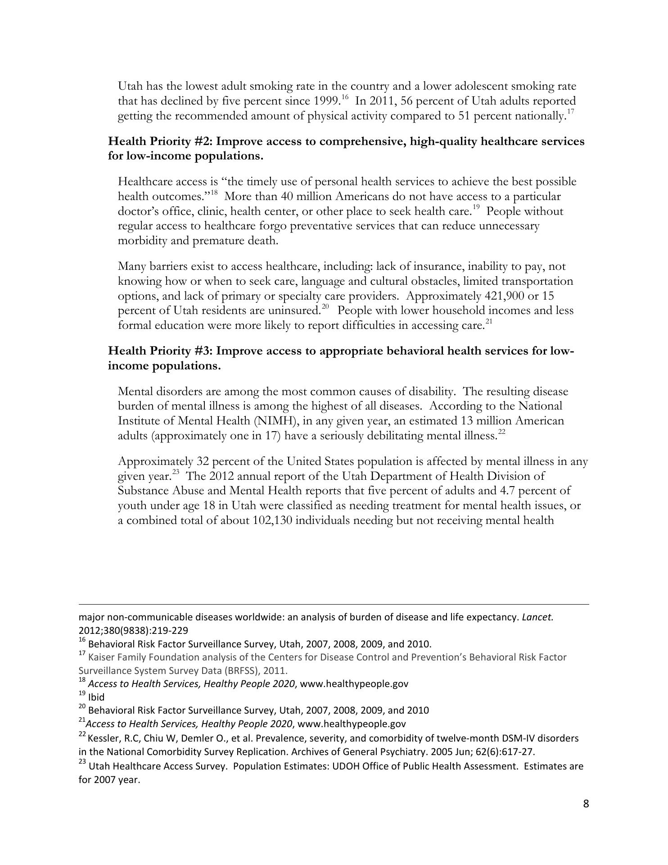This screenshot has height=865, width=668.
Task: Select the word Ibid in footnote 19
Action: [96, 697]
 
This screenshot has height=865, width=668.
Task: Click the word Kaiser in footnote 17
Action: [101, 657]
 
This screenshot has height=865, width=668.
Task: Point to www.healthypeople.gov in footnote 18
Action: [354, 683]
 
